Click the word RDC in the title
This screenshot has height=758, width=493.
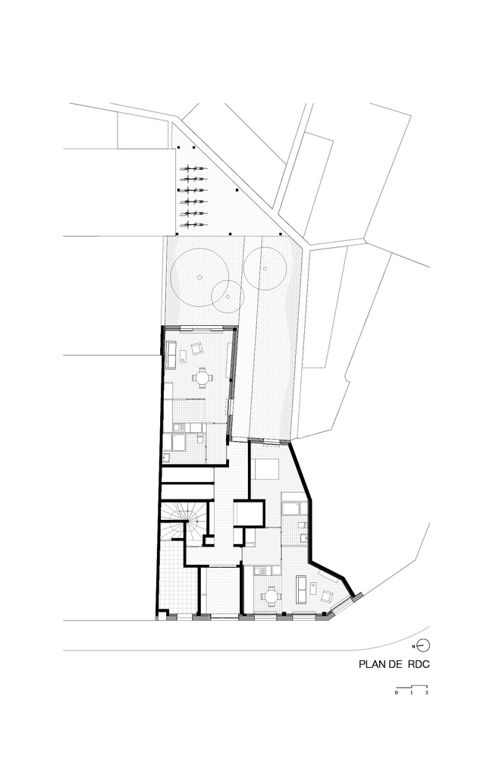point(419,664)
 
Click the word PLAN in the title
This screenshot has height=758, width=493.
point(370,664)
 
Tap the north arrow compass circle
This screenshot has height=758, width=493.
point(424,645)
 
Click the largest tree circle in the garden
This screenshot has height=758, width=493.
point(199,277)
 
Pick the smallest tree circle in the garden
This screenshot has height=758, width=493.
point(228,296)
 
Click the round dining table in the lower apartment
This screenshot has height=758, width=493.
point(272,596)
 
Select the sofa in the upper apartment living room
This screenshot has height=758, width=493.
point(171,354)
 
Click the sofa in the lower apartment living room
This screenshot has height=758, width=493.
point(300,589)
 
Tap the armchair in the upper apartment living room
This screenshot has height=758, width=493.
point(197,348)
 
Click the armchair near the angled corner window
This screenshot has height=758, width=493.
point(327,597)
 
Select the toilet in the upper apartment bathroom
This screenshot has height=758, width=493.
point(199,438)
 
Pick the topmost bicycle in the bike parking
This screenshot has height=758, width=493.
point(193,169)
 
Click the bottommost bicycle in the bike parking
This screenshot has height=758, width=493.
point(193,225)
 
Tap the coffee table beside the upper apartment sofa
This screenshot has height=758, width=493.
point(183,357)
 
